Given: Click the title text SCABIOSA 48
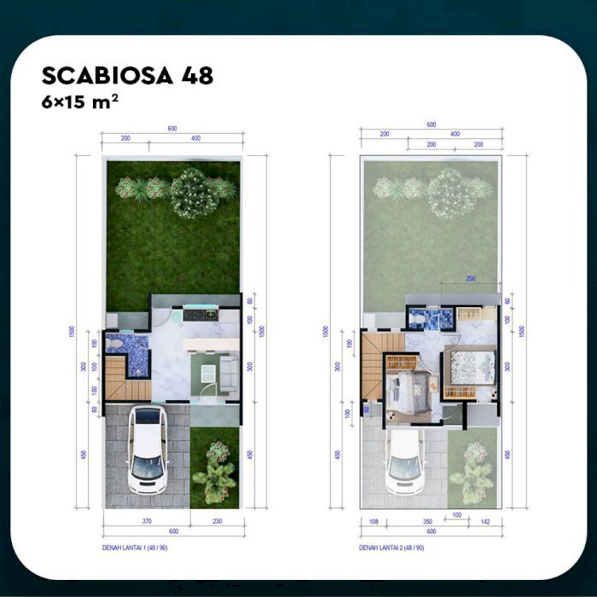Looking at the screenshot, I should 127,76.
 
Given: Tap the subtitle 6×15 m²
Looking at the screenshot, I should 80,101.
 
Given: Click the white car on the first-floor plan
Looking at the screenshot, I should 147,449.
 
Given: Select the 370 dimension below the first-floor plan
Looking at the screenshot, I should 146,520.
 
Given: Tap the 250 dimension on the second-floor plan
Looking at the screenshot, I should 470,278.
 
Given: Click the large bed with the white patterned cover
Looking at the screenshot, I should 468,368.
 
